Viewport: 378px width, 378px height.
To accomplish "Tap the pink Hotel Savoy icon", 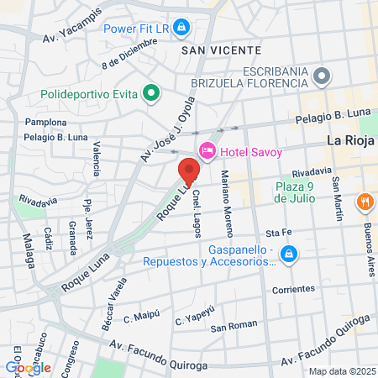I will pyautogui.click(x=207, y=150).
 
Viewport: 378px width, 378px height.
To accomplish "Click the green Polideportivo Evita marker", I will pyautogui.click(x=151, y=92).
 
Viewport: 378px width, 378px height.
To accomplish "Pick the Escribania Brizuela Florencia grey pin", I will pyautogui.click(x=320, y=78).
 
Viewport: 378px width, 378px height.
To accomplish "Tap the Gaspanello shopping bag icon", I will pyautogui.click(x=288, y=252).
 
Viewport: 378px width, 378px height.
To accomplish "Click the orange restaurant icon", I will pyautogui.click(x=365, y=202).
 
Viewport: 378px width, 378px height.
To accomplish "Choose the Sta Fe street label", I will pyautogui.click(x=278, y=232).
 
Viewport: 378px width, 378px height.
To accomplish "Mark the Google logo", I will pyautogui.click(x=28, y=367).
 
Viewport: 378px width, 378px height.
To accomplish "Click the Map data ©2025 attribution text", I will pyautogui.click(x=341, y=371).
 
